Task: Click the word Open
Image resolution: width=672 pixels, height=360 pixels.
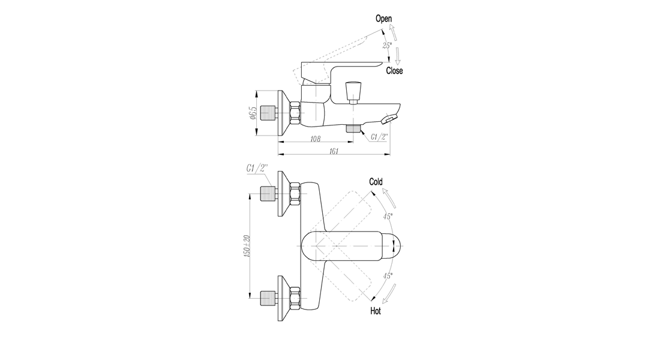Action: [x=383, y=19]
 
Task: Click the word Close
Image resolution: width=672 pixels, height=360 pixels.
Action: [x=394, y=71]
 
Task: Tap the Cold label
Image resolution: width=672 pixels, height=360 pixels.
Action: [x=376, y=182]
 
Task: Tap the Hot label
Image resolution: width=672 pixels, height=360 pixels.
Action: [x=376, y=311]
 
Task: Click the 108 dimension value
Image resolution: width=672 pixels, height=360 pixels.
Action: [x=316, y=139]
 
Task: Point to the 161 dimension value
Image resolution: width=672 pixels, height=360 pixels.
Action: [x=334, y=151]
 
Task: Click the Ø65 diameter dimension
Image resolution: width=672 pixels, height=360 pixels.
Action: [x=252, y=113]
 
